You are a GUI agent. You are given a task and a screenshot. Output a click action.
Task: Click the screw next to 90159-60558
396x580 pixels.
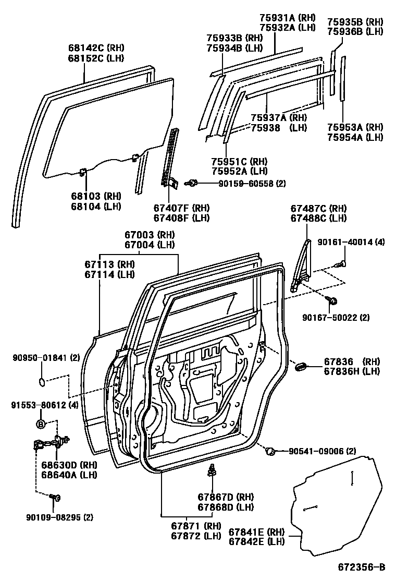[x=192, y=183]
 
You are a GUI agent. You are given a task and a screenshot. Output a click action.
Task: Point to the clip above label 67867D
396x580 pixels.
[x=212, y=471]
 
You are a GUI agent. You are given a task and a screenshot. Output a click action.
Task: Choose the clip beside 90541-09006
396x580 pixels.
[x=270, y=451]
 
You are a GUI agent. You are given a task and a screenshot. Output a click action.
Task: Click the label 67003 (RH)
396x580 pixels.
[x=149, y=235]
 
